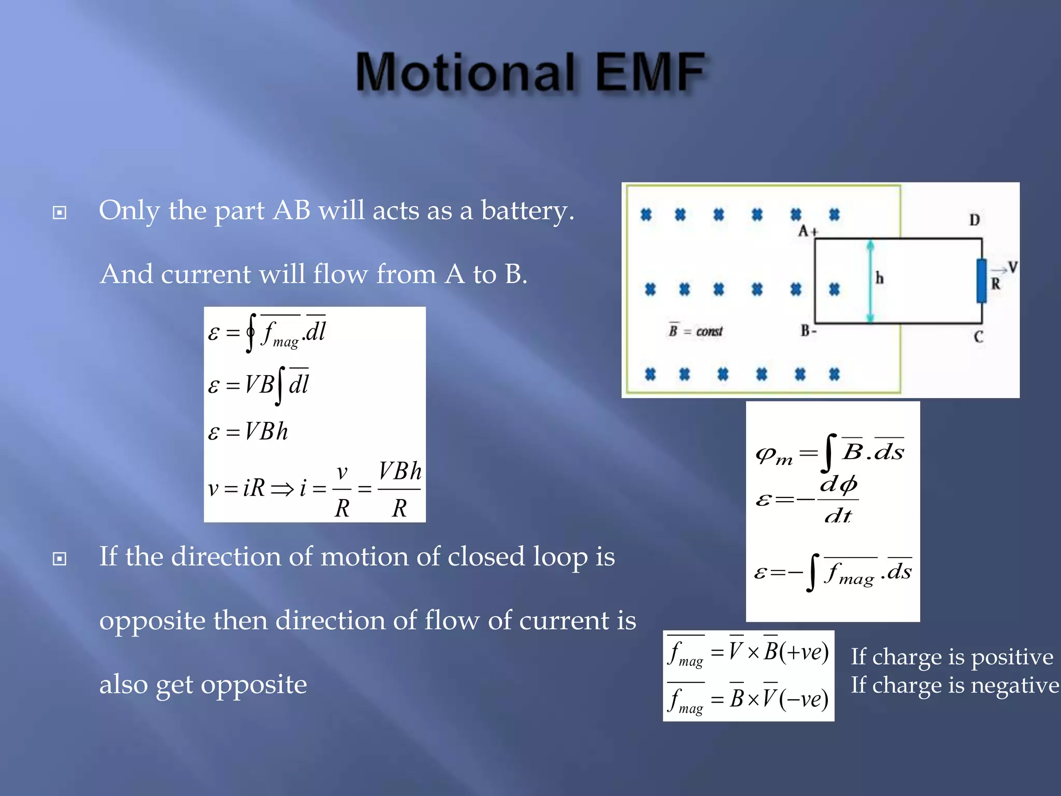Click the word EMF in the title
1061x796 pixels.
point(650,73)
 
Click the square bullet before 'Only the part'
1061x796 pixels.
point(60,212)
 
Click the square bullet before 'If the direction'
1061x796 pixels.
point(60,559)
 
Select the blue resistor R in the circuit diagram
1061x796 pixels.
point(981,281)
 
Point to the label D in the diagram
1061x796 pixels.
point(974,220)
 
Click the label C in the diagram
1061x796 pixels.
point(978,337)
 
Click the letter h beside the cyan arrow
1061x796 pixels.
point(880,278)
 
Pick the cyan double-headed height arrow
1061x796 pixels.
point(870,281)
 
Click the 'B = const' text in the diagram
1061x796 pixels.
point(695,331)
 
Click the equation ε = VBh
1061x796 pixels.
point(248,432)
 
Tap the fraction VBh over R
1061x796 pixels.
point(399,489)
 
